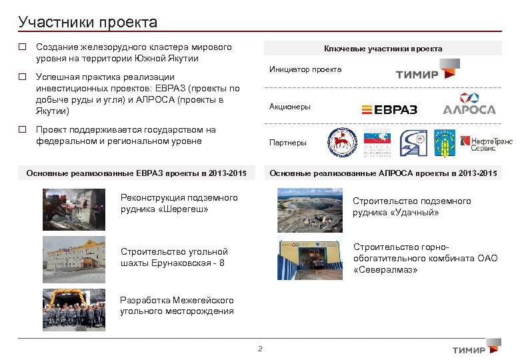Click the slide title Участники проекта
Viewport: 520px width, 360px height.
pyautogui.click(x=88, y=22)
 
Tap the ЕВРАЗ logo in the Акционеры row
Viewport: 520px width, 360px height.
pyautogui.click(x=389, y=109)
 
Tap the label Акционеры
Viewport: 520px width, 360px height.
pyautogui.click(x=289, y=107)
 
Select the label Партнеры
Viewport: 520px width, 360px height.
pyautogui.click(x=287, y=143)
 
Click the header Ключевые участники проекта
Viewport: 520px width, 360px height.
pyautogui.click(x=383, y=49)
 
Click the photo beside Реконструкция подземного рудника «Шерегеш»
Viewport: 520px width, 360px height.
pyautogui.click(x=73, y=209)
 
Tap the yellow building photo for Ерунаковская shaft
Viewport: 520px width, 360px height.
pyautogui.click(x=73, y=256)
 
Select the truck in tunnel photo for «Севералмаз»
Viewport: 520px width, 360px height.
pyautogui.click(x=310, y=256)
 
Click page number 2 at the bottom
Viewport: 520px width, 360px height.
pyautogui.click(x=260, y=349)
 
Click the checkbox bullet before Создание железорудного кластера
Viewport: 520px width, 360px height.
pyautogui.click(x=23, y=48)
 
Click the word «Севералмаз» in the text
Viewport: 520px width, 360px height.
pyautogui.click(x=386, y=270)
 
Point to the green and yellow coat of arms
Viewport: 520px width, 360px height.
pyautogui.click(x=444, y=143)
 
